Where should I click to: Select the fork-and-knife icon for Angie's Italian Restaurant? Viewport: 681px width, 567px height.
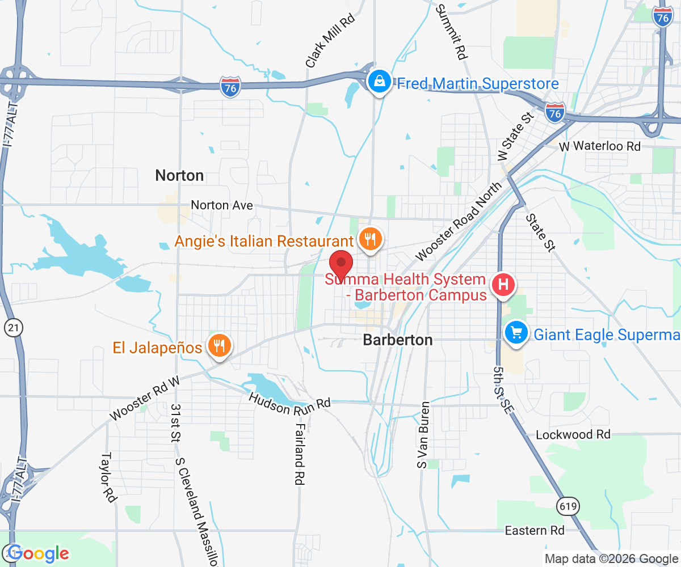point(370,240)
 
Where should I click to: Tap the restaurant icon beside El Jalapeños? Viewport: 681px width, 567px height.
point(218,346)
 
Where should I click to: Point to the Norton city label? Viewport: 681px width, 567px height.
point(179,176)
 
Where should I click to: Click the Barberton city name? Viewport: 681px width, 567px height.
point(397,340)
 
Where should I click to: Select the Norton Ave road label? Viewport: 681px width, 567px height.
point(222,205)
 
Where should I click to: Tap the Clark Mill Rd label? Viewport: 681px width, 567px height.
point(330,41)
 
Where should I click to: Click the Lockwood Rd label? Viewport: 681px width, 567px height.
point(573,435)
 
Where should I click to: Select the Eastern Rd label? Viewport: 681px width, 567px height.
point(535,531)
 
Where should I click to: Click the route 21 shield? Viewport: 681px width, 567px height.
point(12,327)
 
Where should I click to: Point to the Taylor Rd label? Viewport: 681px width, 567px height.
point(108,477)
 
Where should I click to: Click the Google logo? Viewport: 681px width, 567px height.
point(39,553)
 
